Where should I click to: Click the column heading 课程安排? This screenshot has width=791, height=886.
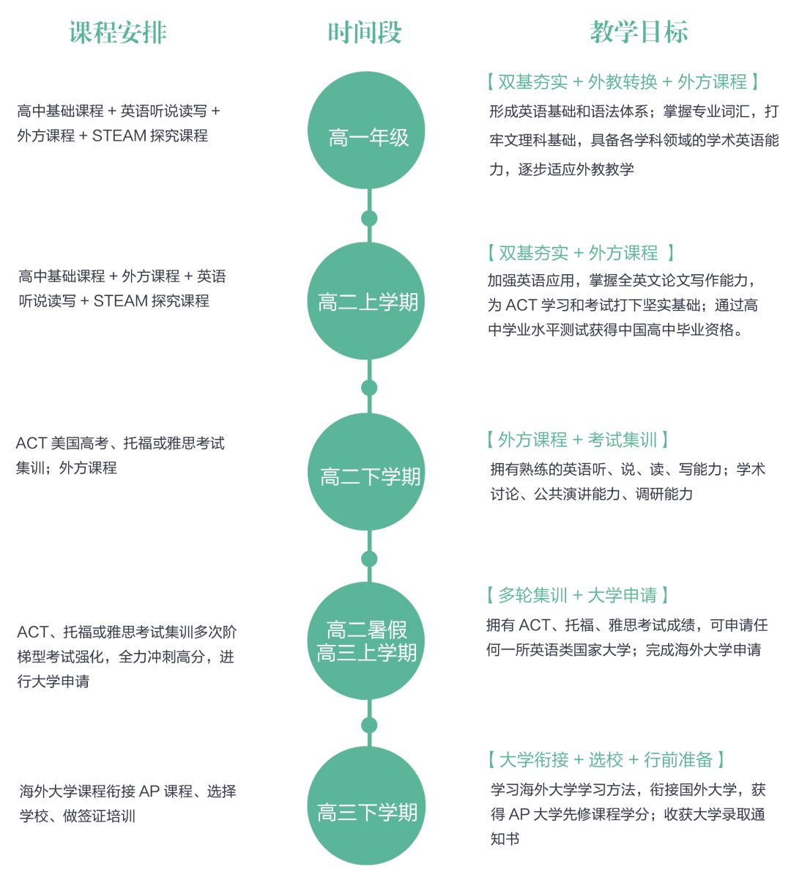pyautogui.click(x=118, y=33)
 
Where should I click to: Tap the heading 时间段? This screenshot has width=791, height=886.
pyautogui.click(x=365, y=33)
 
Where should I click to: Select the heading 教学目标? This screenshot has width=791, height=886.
pyautogui.click(x=639, y=33)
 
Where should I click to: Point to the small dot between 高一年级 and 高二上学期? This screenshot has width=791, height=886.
pyautogui.click(x=369, y=218)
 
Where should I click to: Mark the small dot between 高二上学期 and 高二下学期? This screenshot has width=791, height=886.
pyautogui.click(x=369, y=388)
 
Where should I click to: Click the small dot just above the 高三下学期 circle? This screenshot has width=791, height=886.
pyautogui.click(x=369, y=726)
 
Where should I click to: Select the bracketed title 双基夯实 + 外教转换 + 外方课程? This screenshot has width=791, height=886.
pyautogui.click(x=622, y=82)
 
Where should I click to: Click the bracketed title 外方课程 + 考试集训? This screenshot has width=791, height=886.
pyautogui.click(x=577, y=440)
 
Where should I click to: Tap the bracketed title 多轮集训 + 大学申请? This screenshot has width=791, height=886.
pyautogui.click(x=577, y=595)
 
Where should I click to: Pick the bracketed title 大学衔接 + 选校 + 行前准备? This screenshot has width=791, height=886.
pyautogui.click(x=606, y=760)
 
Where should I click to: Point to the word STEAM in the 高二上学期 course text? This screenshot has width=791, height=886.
pyautogui.click(x=120, y=300)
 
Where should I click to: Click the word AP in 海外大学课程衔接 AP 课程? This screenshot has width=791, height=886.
pyautogui.click(x=149, y=791)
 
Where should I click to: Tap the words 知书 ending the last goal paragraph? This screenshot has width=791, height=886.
pyautogui.click(x=505, y=839)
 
